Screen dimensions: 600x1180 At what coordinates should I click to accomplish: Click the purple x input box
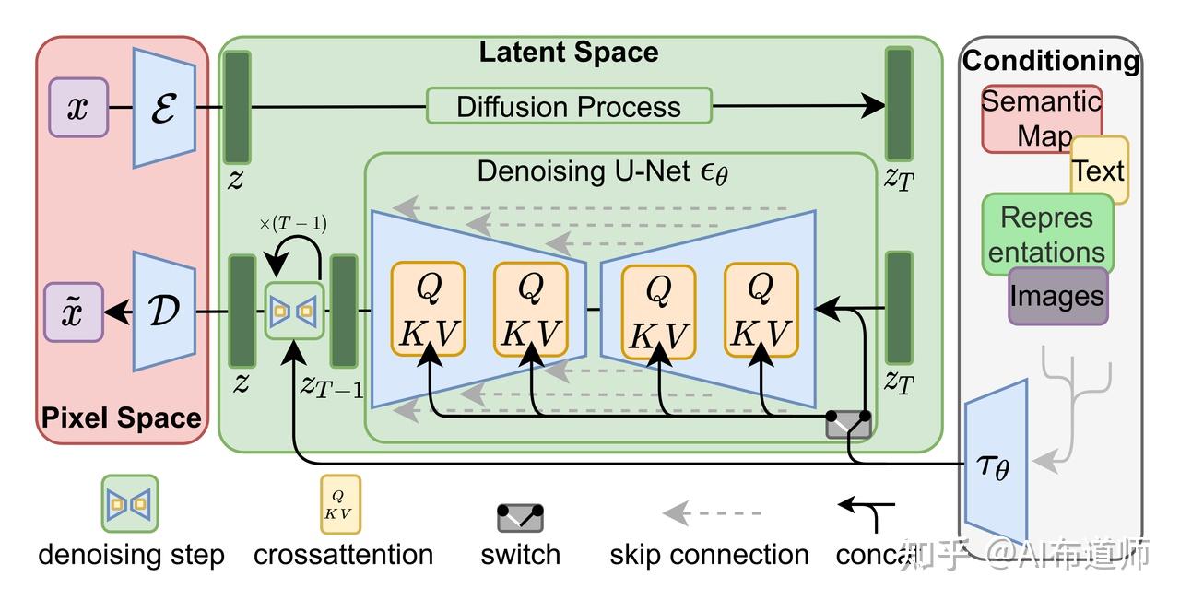tap(78, 108)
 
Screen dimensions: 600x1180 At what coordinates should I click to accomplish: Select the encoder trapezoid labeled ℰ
tap(164, 108)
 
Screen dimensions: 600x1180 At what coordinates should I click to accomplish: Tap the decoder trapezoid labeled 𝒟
tap(164, 312)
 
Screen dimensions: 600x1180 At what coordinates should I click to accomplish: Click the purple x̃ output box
tap(74, 312)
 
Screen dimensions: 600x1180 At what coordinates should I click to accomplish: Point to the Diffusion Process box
tap(569, 106)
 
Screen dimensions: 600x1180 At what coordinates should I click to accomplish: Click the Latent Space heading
tap(569, 52)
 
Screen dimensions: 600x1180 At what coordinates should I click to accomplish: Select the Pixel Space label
tap(121, 418)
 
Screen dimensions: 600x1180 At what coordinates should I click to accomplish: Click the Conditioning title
tap(1051, 61)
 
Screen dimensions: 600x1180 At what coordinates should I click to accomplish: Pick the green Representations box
tap(1046, 234)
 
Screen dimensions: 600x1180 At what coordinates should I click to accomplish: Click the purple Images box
tap(1057, 296)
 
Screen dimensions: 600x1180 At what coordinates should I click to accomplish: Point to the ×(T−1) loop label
tap(293, 224)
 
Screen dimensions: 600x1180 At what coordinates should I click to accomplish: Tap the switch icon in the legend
tap(520, 518)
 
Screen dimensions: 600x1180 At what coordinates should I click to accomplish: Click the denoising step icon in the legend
tap(129, 503)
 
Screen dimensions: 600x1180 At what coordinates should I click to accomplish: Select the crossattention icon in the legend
tap(340, 504)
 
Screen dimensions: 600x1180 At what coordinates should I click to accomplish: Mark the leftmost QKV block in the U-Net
tap(428, 309)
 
